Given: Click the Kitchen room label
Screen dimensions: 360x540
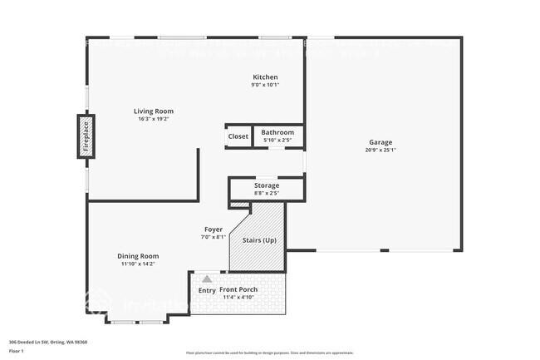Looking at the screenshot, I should tap(266, 77).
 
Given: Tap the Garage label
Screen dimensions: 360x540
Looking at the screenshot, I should tap(381, 142).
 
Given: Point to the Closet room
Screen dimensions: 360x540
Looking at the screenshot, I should tap(238, 136).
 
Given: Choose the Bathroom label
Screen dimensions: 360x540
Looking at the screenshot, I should tap(277, 132).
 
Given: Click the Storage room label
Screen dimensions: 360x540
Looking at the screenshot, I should tap(267, 185).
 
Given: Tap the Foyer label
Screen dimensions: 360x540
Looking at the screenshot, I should tap(214, 229).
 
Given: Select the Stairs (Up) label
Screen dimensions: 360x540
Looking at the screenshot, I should tap(258, 240).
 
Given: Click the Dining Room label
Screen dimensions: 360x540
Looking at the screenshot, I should tap(139, 256).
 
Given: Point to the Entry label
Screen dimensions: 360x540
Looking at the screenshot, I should tap(207, 290).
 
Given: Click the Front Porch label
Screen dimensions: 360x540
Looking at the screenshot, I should tap(238, 289).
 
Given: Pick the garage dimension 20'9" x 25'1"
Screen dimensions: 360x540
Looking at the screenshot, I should tap(381, 150).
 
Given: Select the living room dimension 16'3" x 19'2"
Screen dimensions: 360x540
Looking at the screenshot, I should tap(154, 119).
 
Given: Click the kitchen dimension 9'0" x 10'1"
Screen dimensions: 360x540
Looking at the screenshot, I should tap(266, 85).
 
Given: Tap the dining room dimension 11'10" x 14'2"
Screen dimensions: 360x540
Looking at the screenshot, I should tap(138, 264).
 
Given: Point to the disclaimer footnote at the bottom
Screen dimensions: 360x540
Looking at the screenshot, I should tap(269, 353).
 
